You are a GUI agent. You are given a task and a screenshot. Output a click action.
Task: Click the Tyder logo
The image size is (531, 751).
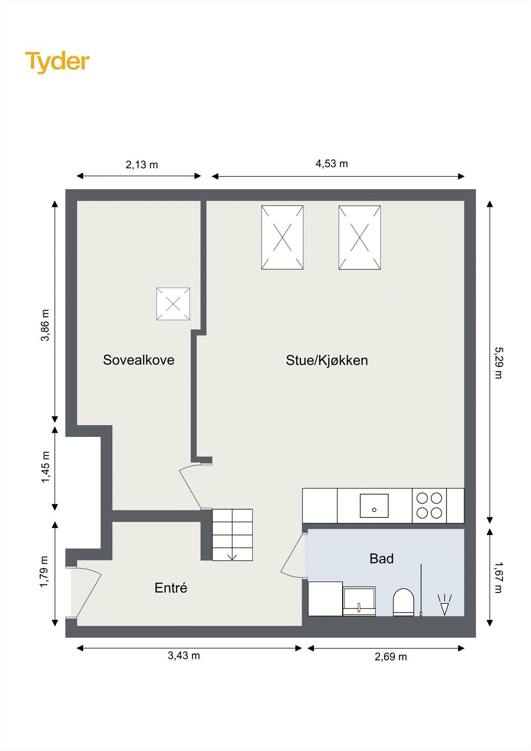pyautogui.click(x=57, y=61)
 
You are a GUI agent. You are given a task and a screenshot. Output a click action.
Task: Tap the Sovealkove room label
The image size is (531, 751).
pyautogui.click(x=139, y=360)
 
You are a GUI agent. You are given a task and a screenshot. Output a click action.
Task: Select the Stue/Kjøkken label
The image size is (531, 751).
pyautogui.click(x=327, y=360)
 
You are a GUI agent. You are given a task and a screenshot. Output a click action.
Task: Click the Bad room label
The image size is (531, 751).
pyautogui.click(x=381, y=559)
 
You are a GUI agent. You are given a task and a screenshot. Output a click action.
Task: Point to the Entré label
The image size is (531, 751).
pyautogui.click(x=171, y=588)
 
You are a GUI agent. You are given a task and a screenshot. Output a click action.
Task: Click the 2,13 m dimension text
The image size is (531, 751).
pyautogui.click(x=141, y=165)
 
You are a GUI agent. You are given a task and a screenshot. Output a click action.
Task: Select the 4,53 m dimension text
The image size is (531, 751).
pyautogui.click(x=331, y=163)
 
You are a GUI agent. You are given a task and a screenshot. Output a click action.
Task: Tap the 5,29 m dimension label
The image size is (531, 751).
pyautogui.click(x=498, y=362)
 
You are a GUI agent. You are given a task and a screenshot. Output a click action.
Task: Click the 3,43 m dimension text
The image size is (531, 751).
pyautogui.click(x=184, y=655)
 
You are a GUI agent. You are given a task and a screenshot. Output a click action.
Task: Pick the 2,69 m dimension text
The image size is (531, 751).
pyautogui.click(x=391, y=657)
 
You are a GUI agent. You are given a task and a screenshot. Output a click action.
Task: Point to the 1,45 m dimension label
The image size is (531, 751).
pyautogui.click(x=46, y=467)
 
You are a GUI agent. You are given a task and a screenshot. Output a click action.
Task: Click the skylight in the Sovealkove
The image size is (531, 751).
pyautogui.click(x=173, y=304)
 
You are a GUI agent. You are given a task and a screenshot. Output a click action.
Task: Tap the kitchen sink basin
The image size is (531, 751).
pyautogui.click(x=374, y=506)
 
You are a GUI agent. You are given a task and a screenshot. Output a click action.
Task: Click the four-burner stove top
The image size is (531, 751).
pyautogui.click(x=429, y=506)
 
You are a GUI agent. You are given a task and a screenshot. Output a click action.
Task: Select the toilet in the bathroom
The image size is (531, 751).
pyautogui.click(x=403, y=602)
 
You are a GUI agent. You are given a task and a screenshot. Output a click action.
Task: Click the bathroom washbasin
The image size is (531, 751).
pyautogui.click(x=359, y=601)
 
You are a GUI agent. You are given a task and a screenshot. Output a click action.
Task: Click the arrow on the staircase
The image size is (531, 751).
pyautogui.click(x=232, y=557)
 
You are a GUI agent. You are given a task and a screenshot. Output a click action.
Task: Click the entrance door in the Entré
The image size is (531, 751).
pyautogui.click(x=87, y=592)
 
